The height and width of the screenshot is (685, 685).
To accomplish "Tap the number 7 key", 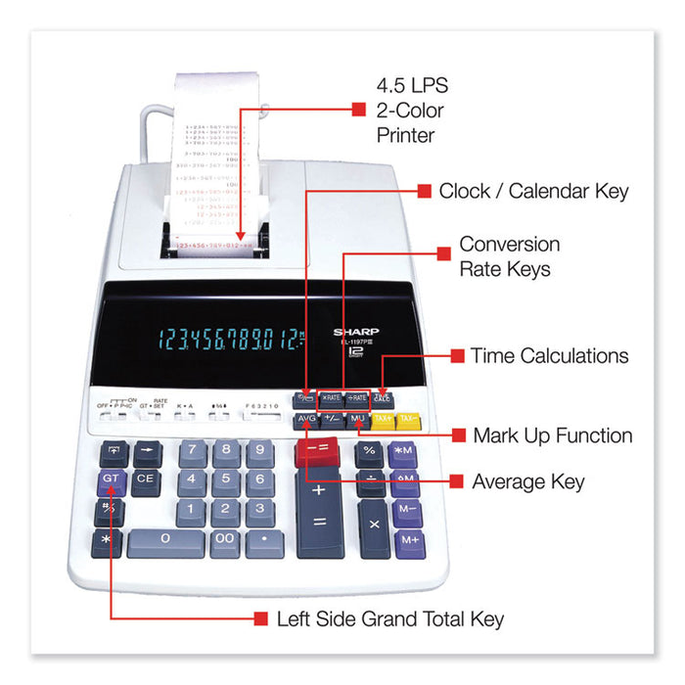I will [x=193, y=451].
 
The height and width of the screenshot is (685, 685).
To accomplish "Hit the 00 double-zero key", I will [x=225, y=538].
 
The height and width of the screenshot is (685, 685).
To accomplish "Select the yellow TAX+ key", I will [x=383, y=420].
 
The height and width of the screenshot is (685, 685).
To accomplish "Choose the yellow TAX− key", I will [x=409, y=420].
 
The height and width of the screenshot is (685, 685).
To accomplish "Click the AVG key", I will [x=305, y=421].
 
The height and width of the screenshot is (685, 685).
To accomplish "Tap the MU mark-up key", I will [x=356, y=420].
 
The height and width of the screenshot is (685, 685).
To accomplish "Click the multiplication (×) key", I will [x=373, y=524].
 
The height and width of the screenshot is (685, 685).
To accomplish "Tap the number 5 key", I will [x=225, y=480].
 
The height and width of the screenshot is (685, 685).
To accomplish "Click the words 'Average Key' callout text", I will [x=528, y=481].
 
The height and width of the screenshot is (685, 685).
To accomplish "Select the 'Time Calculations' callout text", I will [x=549, y=356].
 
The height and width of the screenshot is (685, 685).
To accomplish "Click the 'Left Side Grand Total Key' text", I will [x=391, y=618].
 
